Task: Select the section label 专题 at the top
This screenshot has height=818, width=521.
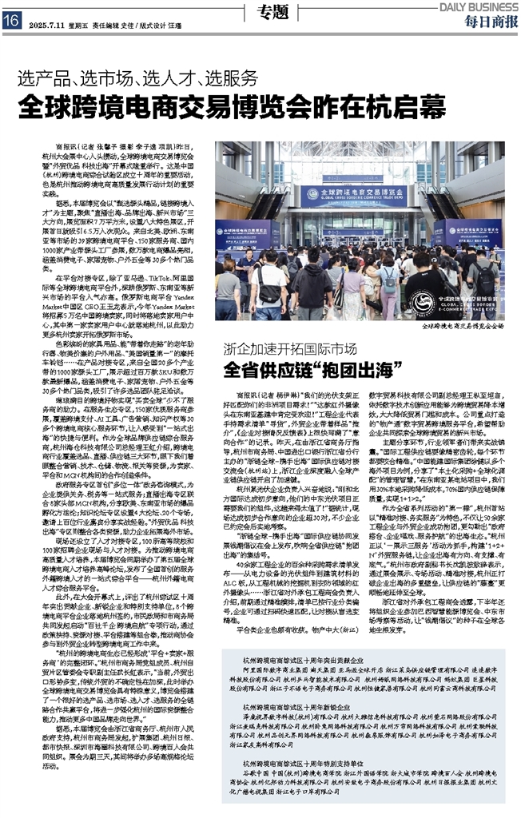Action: click(x=272, y=12)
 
